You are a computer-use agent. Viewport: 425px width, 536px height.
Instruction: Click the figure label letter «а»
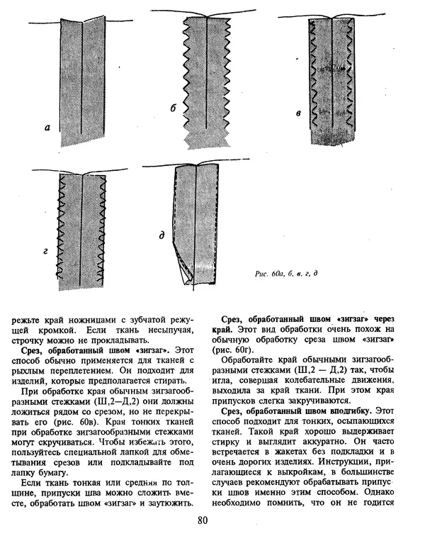coord(47,128)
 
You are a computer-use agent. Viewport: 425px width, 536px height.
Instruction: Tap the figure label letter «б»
coord(172,108)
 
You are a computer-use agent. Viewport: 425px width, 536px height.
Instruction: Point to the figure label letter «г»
coord(45,250)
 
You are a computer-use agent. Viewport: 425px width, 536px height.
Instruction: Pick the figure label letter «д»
coord(161,235)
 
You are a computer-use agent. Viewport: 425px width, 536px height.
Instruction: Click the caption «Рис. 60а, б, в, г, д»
coord(285,273)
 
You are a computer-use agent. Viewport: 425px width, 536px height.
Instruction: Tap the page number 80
coord(203,523)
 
